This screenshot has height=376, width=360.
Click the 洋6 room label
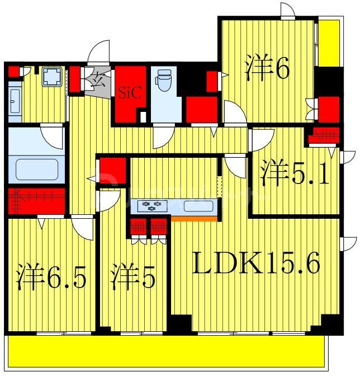tap(267, 69)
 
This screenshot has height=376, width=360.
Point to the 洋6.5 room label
tap(51, 276)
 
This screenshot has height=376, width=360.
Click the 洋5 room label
tap(132, 276)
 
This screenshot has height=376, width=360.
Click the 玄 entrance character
tap(99, 79)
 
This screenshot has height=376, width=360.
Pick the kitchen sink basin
tap(198, 205)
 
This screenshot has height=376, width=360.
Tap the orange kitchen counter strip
tap(194, 218)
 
